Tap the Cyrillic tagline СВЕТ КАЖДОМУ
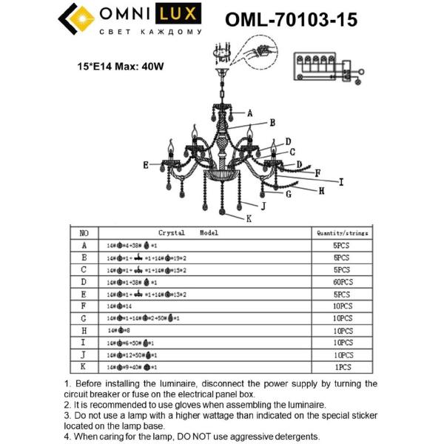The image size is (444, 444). tap(150, 33)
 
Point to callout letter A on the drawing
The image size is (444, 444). tap(250, 113)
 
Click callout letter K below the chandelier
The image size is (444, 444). tap(249, 218)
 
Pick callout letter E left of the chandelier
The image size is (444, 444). tap(146, 164)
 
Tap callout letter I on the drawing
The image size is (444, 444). tap(341, 181)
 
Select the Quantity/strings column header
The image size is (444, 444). tap(342, 232)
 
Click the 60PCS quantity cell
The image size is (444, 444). tap(342, 282)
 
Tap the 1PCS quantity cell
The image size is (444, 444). tap(342, 367)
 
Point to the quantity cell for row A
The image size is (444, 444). tap(342, 245)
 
